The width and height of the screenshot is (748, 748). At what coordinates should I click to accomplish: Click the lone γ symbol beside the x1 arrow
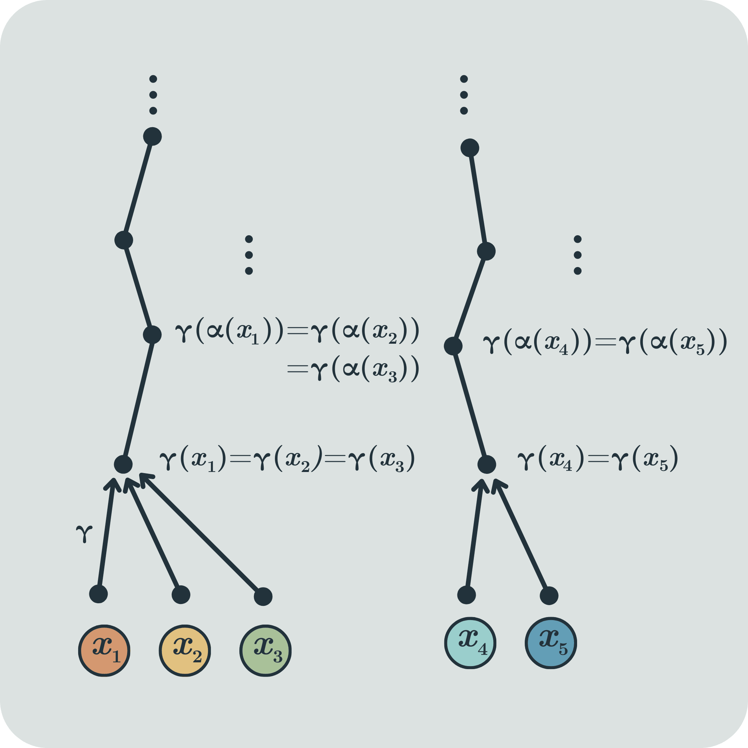(x=84, y=534)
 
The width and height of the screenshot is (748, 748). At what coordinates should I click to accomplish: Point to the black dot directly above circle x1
(x=98, y=594)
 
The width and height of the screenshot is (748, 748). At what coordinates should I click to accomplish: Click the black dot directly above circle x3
(x=263, y=596)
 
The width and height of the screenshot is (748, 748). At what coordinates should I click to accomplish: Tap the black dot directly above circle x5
(x=549, y=595)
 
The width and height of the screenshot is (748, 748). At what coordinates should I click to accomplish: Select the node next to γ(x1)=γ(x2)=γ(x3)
(x=123, y=464)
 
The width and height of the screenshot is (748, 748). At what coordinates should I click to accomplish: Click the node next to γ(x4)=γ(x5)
(x=487, y=464)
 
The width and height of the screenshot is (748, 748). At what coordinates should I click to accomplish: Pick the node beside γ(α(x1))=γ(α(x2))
(x=152, y=334)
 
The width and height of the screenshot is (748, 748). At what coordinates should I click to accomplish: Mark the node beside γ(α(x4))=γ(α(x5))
(x=453, y=346)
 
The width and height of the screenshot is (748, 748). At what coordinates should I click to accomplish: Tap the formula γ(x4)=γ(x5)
(x=598, y=458)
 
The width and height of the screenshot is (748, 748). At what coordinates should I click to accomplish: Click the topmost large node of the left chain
(x=152, y=136)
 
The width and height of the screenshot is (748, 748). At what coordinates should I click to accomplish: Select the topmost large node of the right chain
(x=470, y=147)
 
